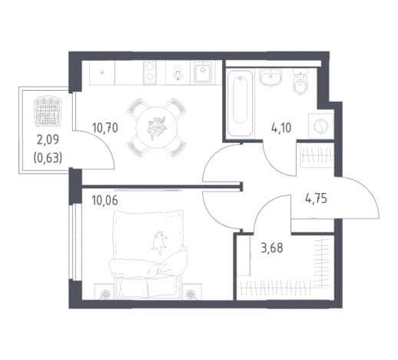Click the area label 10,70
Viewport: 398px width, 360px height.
[x=105, y=128]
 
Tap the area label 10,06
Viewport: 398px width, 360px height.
[x=105, y=200]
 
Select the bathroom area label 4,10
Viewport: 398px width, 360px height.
[x=281, y=128]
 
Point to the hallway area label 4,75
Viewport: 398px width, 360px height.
[x=316, y=198]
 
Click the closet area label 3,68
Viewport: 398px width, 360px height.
[x=272, y=248]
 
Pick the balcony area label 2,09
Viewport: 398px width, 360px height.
[x=48, y=140]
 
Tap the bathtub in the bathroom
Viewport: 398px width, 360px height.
[x=240, y=103]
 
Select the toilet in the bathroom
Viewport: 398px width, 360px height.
[x=300, y=82]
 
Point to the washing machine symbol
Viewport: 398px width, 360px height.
[x=321, y=126]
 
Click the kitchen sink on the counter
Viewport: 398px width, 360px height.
[x=203, y=72]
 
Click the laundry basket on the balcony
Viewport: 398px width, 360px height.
[x=48, y=111]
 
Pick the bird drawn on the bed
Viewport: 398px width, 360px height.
[x=159, y=242]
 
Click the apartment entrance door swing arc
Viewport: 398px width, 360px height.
[x=369, y=190]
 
